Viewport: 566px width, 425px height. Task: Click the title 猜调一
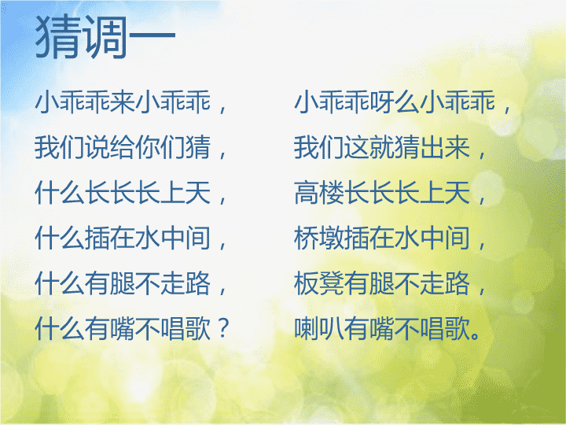click(105, 37)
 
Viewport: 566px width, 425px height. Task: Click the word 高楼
click(319, 193)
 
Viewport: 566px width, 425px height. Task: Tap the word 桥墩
click(319, 238)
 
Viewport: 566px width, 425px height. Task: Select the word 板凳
click(319, 283)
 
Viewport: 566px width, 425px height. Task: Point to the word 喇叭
click(319, 328)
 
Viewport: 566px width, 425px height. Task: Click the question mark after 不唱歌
click(224, 327)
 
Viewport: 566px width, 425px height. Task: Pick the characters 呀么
click(395, 102)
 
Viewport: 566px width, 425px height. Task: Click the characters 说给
click(110, 147)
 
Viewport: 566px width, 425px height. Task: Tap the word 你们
click(160, 147)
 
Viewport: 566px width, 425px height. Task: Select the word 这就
click(369, 147)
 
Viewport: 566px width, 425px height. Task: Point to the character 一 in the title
click(153, 35)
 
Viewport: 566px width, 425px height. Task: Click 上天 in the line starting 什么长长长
click(186, 193)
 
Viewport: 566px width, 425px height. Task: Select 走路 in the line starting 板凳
click(445, 283)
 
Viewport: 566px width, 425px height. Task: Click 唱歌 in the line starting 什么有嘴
click(186, 328)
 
